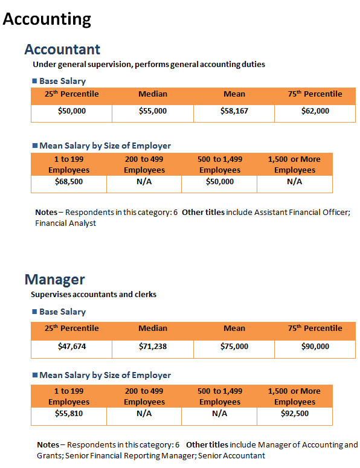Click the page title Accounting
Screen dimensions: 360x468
[47, 19]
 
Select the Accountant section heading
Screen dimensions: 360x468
[62, 50]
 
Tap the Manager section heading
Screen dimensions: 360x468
[54, 280]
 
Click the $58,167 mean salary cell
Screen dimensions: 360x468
[234, 111]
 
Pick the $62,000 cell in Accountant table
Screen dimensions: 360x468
[315, 111]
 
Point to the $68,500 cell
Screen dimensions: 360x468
[69, 182]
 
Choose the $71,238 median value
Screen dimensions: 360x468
[153, 347]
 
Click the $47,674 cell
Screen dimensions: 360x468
[72, 347]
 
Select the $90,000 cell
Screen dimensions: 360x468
[315, 347]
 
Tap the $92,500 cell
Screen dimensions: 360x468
[295, 414]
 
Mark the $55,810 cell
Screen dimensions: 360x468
[69, 414]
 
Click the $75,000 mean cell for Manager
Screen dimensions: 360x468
[234, 347]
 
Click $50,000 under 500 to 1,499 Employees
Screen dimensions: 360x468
[220, 182]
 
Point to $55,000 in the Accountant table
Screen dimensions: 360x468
[153, 111]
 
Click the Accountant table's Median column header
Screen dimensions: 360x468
[153, 94]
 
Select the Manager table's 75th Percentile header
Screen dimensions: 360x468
[315, 329]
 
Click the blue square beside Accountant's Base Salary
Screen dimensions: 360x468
[34, 81]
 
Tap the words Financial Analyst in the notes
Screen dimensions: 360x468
[65, 223]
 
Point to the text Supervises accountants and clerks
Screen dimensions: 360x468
[94, 295]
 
